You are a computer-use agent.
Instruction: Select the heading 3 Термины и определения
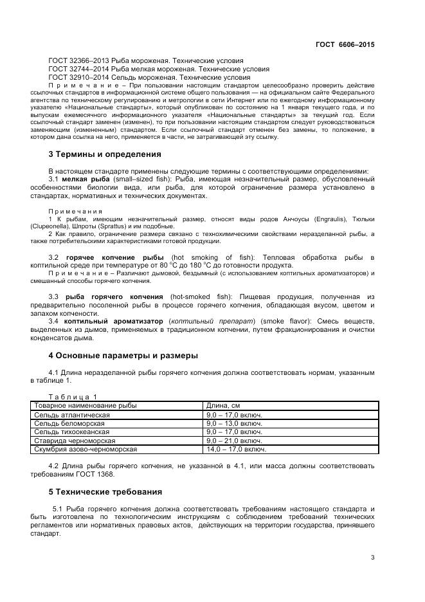pos(105,154)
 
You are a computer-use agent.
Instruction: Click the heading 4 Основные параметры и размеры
pos(123,355)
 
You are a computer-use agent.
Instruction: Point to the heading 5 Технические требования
pos(105,492)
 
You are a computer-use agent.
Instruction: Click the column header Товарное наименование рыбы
pos(85,406)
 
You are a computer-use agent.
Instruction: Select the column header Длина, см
pos(223,406)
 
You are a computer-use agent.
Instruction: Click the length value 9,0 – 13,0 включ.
pos(234,424)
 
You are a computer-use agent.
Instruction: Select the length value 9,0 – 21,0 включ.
pos(234,441)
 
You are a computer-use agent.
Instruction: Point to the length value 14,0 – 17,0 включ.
pos(235,450)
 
